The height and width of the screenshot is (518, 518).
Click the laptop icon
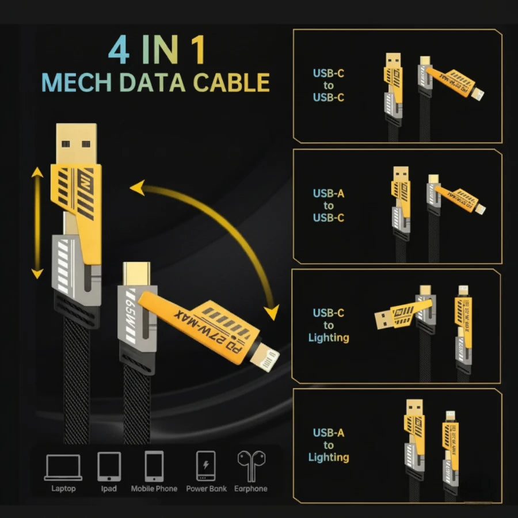63,467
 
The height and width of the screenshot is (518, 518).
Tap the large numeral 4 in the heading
119,51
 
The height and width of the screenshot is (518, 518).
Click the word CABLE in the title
231,82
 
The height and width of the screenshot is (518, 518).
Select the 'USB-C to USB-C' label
329,85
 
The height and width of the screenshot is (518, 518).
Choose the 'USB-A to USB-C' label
329,205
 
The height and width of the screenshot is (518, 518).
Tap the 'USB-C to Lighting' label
329,325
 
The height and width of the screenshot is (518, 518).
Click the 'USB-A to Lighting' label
329,445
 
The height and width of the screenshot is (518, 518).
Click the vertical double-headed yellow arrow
37,223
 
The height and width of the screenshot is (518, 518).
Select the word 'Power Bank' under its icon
206,489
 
